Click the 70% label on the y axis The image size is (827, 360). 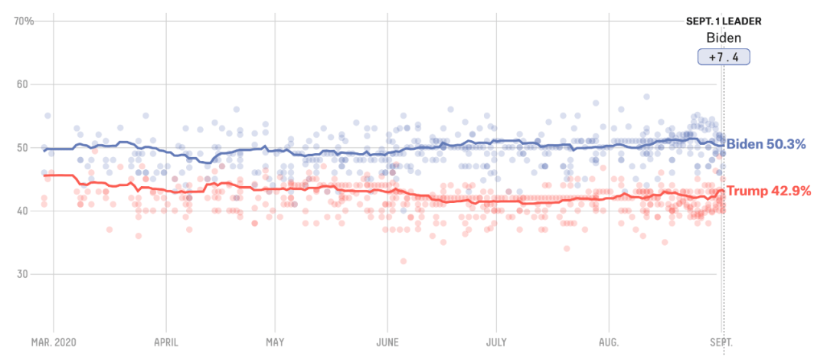click(x=25, y=21)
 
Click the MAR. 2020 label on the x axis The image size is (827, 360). click(x=54, y=342)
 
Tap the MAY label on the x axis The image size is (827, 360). click(x=275, y=342)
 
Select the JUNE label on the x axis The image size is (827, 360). click(x=387, y=342)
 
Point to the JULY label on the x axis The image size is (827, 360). click(x=496, y=342)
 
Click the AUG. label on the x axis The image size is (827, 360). click(x=609, y=342)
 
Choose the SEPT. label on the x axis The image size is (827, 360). click(x=720, y=342)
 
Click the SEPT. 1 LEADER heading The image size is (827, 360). click(x=724, y=21)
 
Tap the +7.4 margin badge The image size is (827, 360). click(x=724, y=57)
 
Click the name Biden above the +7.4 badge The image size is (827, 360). click(x=724, y=38)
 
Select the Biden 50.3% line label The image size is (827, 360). click(x=768, y=144)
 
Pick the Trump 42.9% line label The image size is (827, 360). click(x=768, y=191)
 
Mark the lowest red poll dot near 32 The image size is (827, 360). click(x=403, y=261)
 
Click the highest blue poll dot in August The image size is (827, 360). click(x=646, y=97)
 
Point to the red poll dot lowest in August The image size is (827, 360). click(x=665, y=242)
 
